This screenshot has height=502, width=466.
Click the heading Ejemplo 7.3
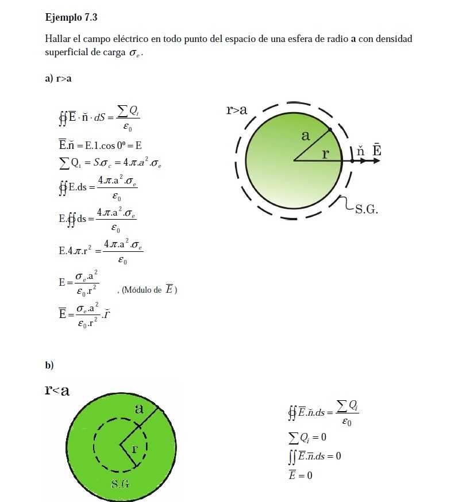pyautogui.click(x=71, y=17)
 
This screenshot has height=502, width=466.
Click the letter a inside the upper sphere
pyautogui.click(x=306, y=136)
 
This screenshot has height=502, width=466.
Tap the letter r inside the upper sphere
pyautogui.click(x=325, y=154)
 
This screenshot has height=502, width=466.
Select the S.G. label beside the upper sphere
pyautogui.click(x=367, y=209)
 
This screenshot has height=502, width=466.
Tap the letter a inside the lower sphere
pyautogui.click(x=138, y=409)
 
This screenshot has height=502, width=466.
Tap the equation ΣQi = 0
pyautogui.click(x=307, y=438)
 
